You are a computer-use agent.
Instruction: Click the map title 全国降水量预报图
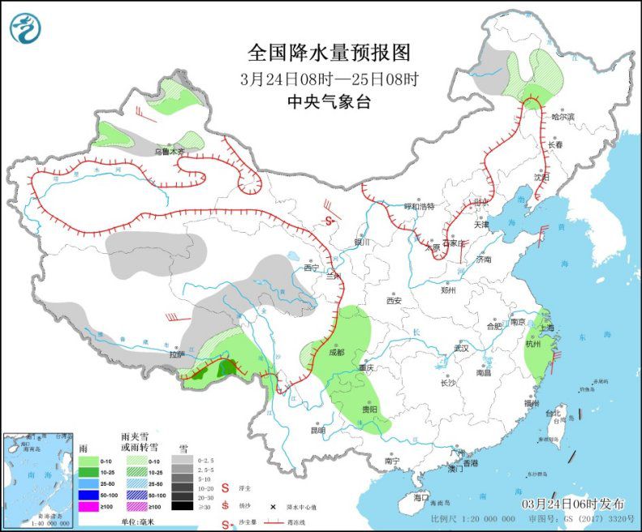point(330,54)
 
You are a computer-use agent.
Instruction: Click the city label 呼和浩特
point(420,206)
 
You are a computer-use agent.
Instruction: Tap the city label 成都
point(337,352)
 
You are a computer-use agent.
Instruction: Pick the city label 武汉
point(462,347)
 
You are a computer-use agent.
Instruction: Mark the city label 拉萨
point(177,354)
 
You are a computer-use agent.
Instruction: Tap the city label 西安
point(394,300)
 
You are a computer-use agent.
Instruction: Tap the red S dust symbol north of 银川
point(329,221)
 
